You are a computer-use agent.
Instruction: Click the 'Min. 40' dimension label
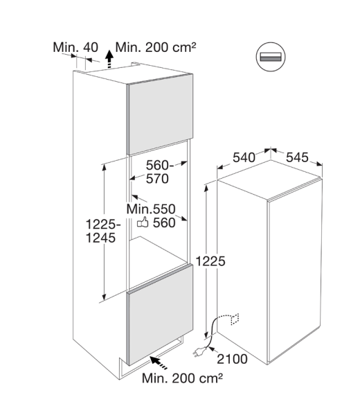pos(75,47)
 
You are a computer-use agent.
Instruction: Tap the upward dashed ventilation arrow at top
pos(109,59)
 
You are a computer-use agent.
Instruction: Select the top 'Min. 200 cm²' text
pos(156,47)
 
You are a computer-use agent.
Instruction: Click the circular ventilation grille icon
pos(271,57)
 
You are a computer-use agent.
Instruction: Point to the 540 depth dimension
pos(244,158)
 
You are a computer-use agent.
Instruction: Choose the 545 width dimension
pos(297,157)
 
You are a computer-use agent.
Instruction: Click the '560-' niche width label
pos(160,166)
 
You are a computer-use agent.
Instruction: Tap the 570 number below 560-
pos(157,179)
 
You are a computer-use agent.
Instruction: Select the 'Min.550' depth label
pos(151,209)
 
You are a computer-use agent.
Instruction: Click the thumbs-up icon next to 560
pos(143,222)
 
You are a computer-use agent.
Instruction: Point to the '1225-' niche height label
pos(103,225)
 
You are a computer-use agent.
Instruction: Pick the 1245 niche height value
pos(100,238)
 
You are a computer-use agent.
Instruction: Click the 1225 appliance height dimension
pos(210,261)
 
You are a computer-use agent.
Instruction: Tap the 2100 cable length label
pos(232,359)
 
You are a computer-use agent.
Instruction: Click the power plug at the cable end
pos(199,351)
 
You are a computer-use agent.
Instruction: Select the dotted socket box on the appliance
pos(235,319)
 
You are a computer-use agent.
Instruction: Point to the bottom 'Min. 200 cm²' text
pos(182,378)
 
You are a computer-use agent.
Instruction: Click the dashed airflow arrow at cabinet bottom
pos(159,362)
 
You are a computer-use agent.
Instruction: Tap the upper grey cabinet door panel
pos(161,114)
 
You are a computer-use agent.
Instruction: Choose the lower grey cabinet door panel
pos(161,315)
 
